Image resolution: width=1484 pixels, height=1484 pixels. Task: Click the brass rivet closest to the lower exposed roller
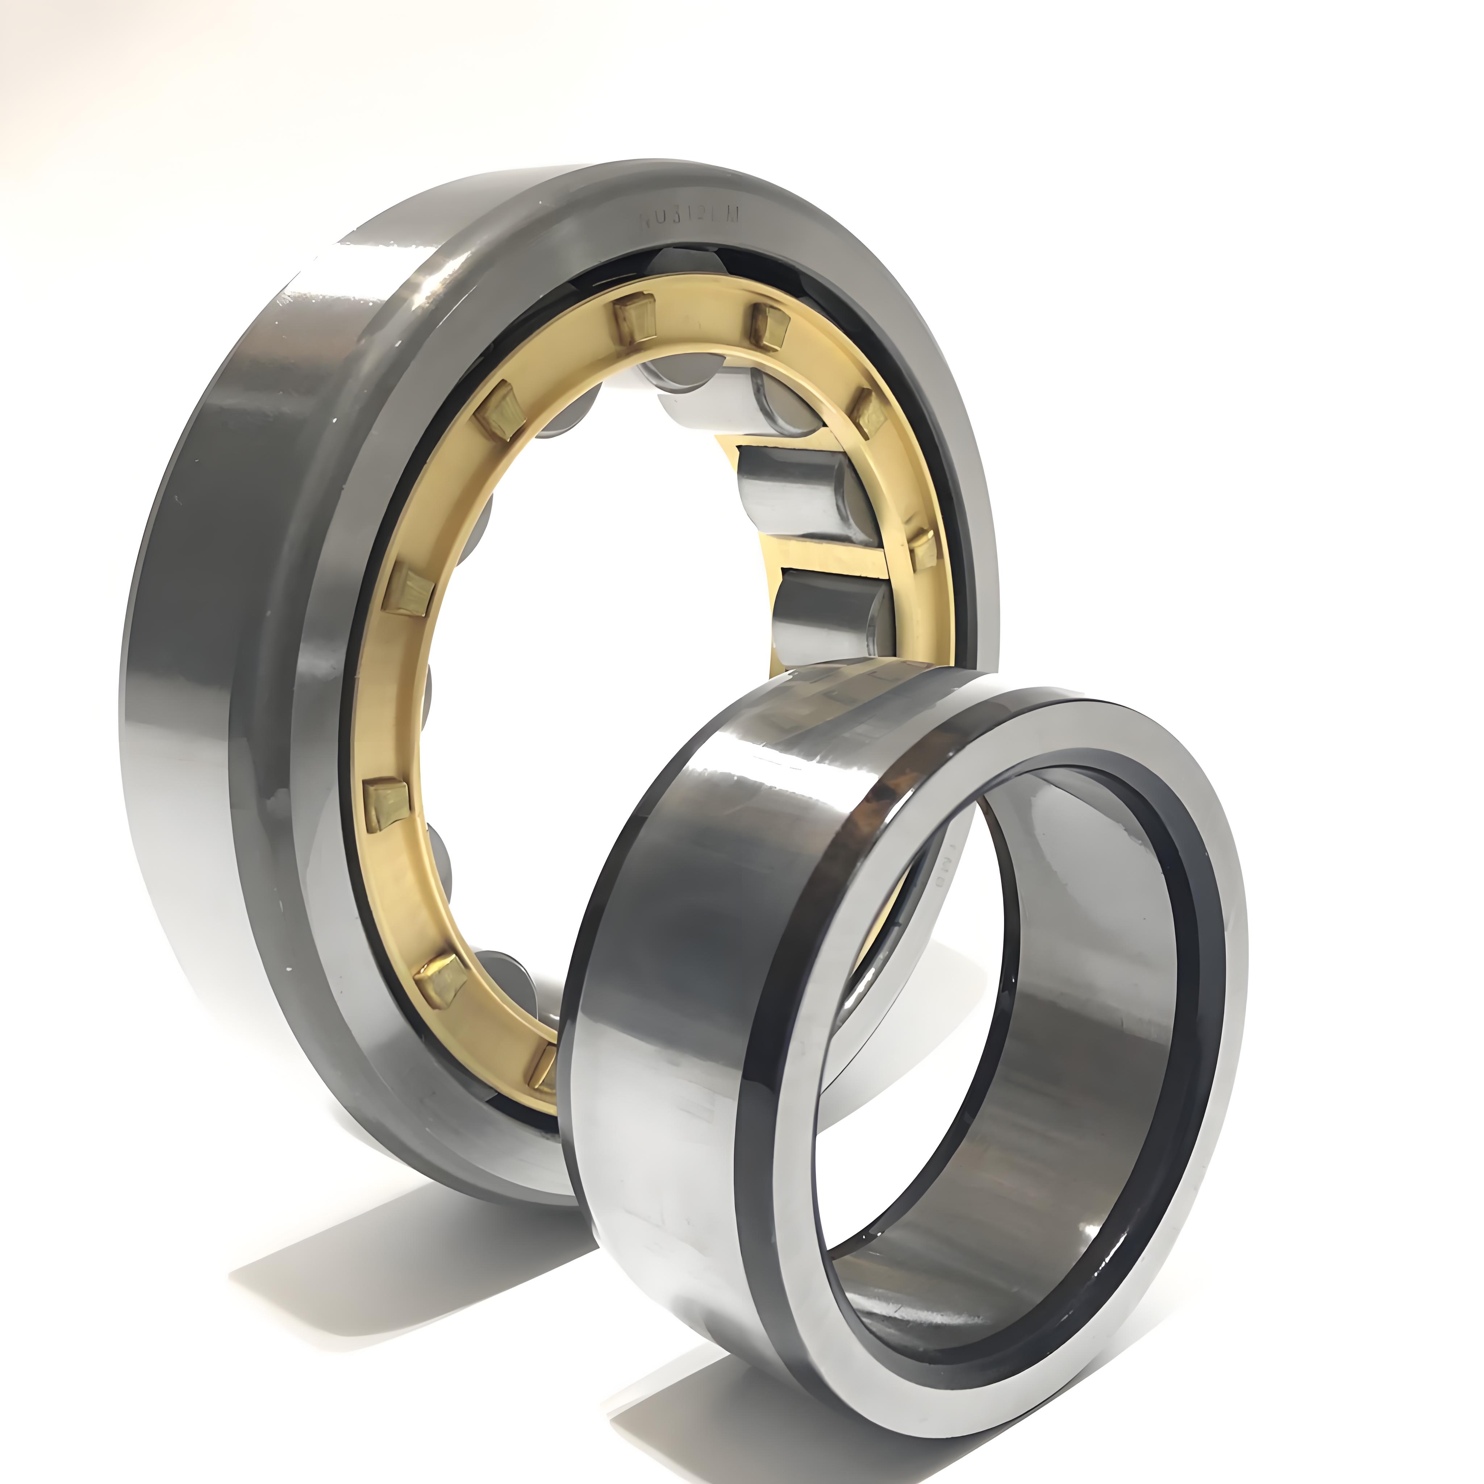[922, 549]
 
